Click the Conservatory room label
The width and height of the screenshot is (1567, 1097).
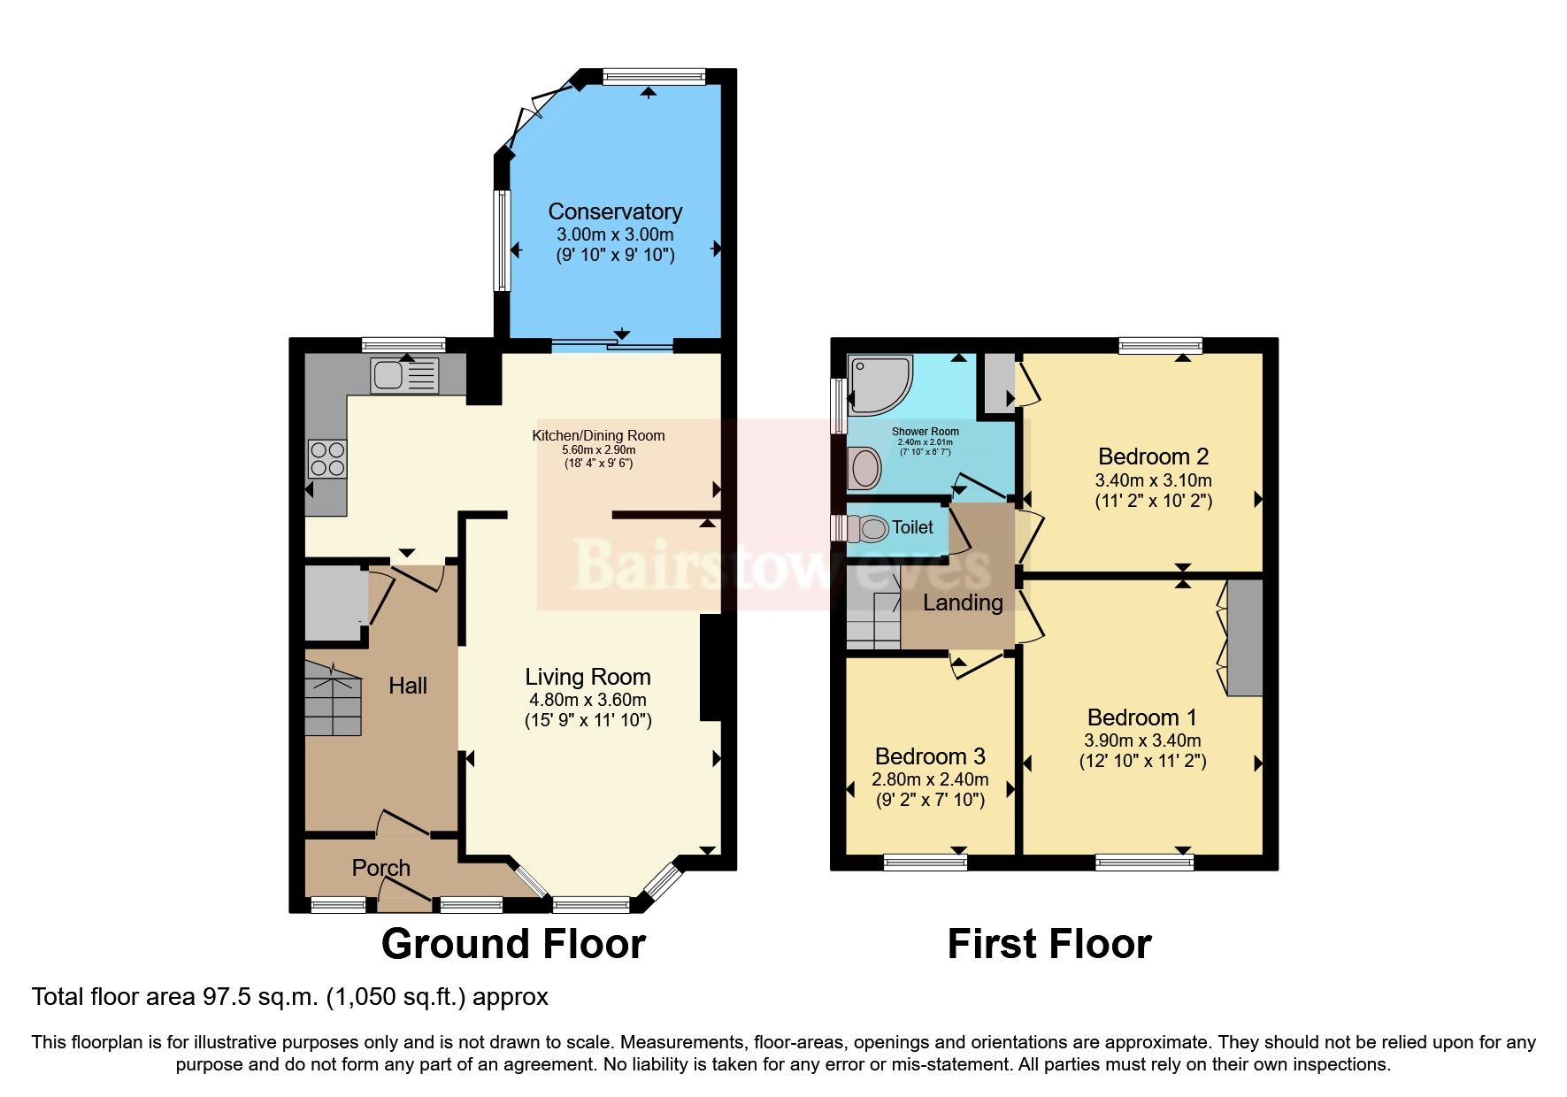click(615, 211)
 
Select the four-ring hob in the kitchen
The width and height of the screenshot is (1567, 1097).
click(326, 458)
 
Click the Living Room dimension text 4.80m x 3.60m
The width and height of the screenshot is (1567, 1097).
click(588, 700)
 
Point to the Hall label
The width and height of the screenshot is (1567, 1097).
click(407, 686)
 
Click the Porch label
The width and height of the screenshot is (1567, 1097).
click(380, 868)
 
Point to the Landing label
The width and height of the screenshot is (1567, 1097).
click(963, 603)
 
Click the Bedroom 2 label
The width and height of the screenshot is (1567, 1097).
click(1153, 456)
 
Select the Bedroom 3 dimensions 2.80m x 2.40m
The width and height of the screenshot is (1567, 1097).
click(930, 780)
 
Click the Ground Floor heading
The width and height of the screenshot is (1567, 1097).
click(513, 944)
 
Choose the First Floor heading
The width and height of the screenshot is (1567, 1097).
click(1049, 944)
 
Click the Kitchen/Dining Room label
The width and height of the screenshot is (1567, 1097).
click(598, 435)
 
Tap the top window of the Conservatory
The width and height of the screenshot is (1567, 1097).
click(654, 78)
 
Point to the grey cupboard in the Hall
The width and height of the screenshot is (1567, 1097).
click(334, 603)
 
